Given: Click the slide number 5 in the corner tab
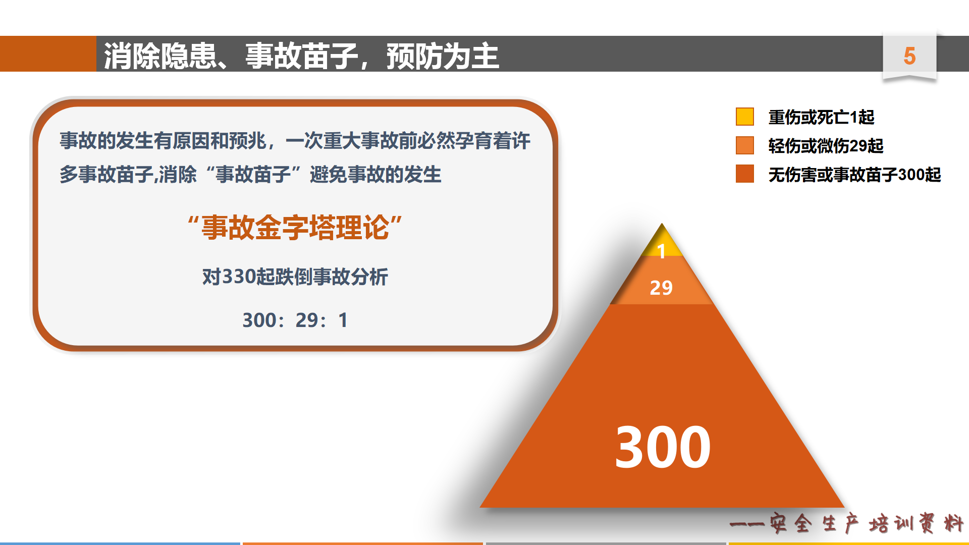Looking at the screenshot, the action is [x=909, y=56].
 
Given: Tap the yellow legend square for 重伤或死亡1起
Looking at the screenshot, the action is [x=744, y=117].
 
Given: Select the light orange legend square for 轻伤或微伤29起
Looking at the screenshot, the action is [x=744, y=145].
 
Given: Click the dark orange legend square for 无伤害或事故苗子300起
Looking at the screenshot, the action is [x=744, y=174].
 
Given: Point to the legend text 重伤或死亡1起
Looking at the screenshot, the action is [x=821, y=117].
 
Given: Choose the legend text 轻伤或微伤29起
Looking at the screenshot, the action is [x=826, y=146].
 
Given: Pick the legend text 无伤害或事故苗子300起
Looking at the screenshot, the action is [x=854, y=175].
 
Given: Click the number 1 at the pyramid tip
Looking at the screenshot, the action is [x=662, y=251].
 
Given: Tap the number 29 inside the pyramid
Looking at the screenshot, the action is [x=661, y=288].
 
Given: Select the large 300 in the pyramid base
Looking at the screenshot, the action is [x=663, y=447].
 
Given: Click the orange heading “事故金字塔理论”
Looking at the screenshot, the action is [x=295, y=228].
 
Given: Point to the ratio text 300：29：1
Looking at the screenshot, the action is [x=295, y=320].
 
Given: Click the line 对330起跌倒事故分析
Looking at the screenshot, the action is [x=295, y=277].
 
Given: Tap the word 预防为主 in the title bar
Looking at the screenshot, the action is [x=443, y=56].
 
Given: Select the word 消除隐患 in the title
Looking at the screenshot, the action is [x=160, y=56].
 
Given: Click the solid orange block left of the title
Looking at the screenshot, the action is [x=48, y=53].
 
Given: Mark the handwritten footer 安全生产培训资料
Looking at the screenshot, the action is [x=867, y=523].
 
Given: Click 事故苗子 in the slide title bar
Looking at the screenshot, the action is [x=301, y=56].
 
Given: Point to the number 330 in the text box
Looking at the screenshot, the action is [x=239, y=277].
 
